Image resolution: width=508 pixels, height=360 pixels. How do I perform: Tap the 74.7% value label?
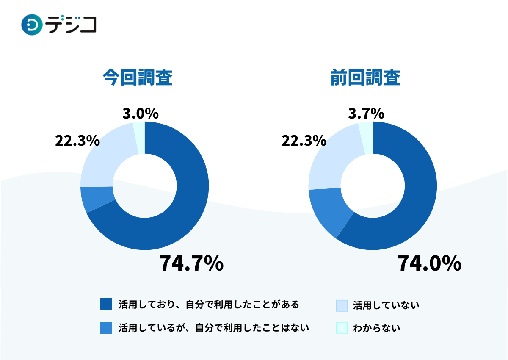(x=191, y=263)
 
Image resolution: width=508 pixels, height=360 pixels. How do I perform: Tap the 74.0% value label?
(x=429, y=263)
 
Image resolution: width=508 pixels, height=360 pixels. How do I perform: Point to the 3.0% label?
(x=141, y=114)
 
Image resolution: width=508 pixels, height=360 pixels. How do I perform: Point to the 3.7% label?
(x=366, y=114)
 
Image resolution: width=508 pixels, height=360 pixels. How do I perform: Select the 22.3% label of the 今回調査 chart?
(x=77, y=141)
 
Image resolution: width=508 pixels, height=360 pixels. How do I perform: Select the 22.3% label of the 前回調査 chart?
(x=304, y=141)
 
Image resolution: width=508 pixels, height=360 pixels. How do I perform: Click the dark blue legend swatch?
(x=106, y=304)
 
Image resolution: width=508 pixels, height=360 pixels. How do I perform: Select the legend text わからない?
(x=377, y=328)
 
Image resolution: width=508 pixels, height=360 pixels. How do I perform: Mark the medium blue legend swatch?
(x=106, y=328)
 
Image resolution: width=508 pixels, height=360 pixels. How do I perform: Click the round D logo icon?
(x=32, y=25)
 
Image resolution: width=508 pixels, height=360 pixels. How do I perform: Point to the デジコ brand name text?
(x=72, y=25)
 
